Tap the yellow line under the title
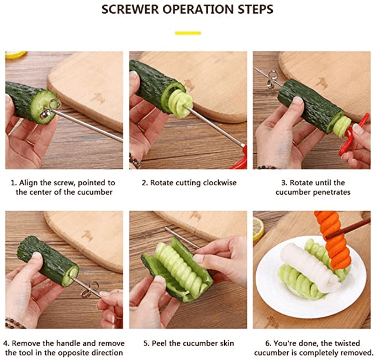(187, 33)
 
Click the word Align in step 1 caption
(37, 182)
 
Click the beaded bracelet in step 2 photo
(134, 161)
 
